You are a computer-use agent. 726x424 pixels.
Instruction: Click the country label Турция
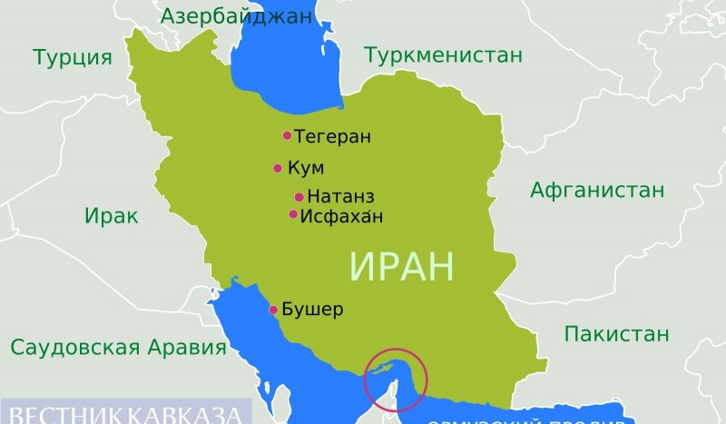pyautogui.click(x=73, y=58)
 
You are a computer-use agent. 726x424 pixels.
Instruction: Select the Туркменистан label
pyautogui.click(x=443, y=55)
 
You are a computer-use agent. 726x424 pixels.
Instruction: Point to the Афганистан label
pyautogui.click(x=597, y=191)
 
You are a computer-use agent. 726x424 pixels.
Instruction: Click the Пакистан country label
pyautogui.click(x=616, y=333)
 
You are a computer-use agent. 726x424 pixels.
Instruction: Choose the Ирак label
pyautogui.click(x=112, y=216)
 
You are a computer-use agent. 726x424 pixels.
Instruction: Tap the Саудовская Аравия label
pyautogui.click(x=118, y=348)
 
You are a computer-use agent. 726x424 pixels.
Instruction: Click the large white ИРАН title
pyautogui.click(x=400, y=266)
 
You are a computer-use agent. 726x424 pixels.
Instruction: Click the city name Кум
pyautogui.click(x=305, y=168)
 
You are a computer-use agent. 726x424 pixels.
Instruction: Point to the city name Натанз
pyautogui.click(x=340, y=197)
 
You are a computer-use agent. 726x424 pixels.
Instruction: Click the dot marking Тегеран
pyautogui.click(x=287, y=136)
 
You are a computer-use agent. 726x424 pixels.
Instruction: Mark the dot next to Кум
pyautogui.click(x=277, y=168)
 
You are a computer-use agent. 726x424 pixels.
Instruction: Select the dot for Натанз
pyautogui.click(x=299, y=197)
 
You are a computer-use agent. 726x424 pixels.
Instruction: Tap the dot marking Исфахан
pyautogui.click(x=293, y=215)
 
